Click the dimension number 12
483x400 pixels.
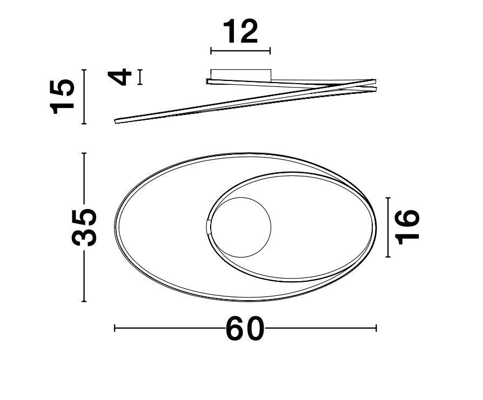point(240,32)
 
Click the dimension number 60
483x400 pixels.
point(245,328)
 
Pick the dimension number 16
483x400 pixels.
point(407,227)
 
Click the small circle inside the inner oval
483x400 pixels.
point(240,227)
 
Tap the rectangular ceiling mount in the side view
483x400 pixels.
point(240,74)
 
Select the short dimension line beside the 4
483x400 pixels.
point(140,77)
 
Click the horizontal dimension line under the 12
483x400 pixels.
point(240,51)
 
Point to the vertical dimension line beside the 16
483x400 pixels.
point(388,227)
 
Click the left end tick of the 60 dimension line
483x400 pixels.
point(115,328)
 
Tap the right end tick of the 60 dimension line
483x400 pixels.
point(376,328)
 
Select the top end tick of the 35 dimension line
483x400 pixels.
point(84,154)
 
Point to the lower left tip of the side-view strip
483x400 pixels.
point(116,121)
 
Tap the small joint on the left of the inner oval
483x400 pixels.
point(210,227)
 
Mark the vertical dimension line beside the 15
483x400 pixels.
point(84,97)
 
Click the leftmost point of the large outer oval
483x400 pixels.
point(115,227)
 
